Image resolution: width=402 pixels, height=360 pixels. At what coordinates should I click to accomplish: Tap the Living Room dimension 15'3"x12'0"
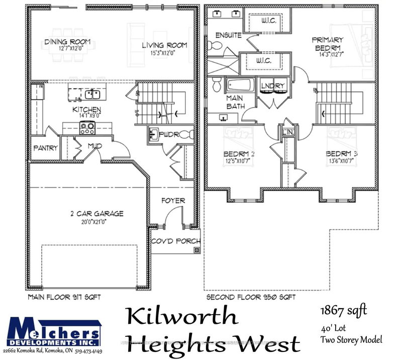coord(164,52)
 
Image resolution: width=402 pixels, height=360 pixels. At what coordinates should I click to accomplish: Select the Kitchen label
coord(87,110)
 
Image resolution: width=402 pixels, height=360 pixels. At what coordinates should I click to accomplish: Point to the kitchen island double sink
coord(92,94)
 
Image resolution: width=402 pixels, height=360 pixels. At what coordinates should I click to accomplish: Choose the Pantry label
coord(45,148)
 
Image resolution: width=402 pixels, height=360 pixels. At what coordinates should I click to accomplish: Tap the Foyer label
coord(173,201)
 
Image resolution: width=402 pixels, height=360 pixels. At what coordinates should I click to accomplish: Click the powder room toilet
coord(186,135)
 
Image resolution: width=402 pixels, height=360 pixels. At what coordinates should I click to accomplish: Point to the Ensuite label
coord(228,35)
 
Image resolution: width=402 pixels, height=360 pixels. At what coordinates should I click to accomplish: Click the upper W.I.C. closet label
coord(265,21)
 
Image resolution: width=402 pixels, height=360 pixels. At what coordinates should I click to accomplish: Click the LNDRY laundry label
coord(273,85)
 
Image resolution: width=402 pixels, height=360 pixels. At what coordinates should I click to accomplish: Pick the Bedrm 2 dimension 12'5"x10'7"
coord(240,161)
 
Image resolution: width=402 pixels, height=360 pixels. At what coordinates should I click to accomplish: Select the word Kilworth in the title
coord(181,317)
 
